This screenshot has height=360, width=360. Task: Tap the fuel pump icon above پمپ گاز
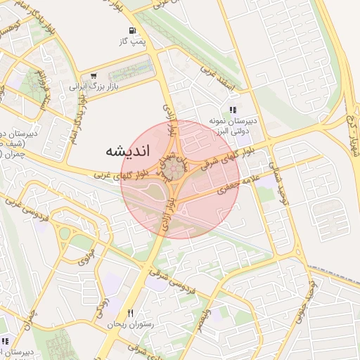132,30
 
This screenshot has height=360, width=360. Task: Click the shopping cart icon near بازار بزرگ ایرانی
93,76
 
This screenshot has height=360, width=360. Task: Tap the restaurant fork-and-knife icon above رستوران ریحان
130,313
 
